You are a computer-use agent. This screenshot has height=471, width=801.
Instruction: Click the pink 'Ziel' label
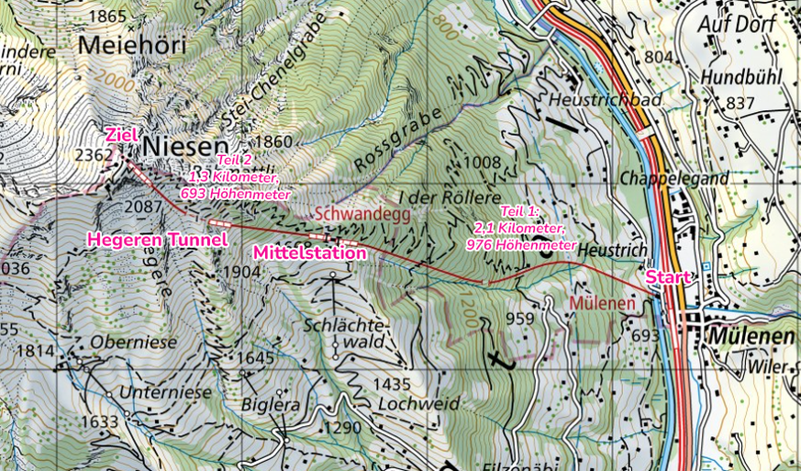click(121, 135)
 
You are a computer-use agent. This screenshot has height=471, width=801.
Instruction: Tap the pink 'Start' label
click(667, 276)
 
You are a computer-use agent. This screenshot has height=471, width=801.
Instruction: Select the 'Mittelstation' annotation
click(309, 252)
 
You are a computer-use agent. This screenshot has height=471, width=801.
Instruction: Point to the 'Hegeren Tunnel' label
click(157, 240)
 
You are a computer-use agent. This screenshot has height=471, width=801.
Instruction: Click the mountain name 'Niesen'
click(184, 146)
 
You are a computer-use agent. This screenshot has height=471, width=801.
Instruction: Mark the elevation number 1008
click(483, 163)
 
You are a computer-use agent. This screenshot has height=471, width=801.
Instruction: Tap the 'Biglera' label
click(272, 404)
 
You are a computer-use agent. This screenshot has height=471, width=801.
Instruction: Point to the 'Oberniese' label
click(133, 341)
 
